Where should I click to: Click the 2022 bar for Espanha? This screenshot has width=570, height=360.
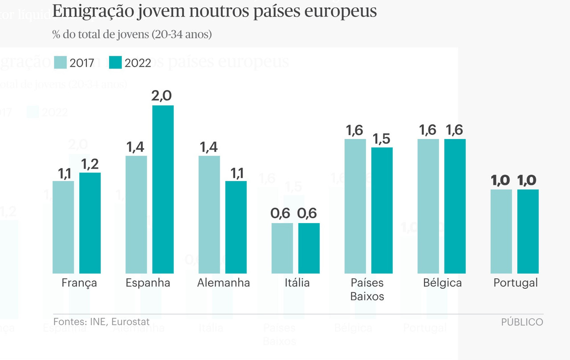pos(163,189)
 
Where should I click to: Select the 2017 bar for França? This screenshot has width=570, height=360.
pos(63,227)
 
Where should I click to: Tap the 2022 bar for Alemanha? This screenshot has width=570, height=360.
pos(236,227)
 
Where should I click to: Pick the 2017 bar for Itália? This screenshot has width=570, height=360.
pos(282,248)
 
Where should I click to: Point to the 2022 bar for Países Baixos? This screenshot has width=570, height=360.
pos(382,210)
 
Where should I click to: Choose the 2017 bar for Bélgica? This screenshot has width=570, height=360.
pos(428,206)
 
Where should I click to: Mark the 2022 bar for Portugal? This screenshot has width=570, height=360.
pos(528,231)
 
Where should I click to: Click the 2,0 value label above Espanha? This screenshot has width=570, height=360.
pos(163,96)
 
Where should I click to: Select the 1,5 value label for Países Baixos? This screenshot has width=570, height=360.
pos(382,138)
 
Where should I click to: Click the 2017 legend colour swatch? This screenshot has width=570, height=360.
pos(60,63)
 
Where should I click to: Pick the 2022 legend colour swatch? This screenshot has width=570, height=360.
pos(115,63)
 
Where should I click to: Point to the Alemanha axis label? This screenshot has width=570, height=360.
pos(224,283)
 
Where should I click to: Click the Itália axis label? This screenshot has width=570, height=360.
pos(297,283)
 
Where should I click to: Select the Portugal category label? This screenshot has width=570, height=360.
pos(516,283)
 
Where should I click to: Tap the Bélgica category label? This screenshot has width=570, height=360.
pos(443,283)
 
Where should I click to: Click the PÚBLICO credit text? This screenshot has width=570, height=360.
pos(522,322)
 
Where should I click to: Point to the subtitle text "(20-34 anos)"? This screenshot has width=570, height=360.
pos(181,34)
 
